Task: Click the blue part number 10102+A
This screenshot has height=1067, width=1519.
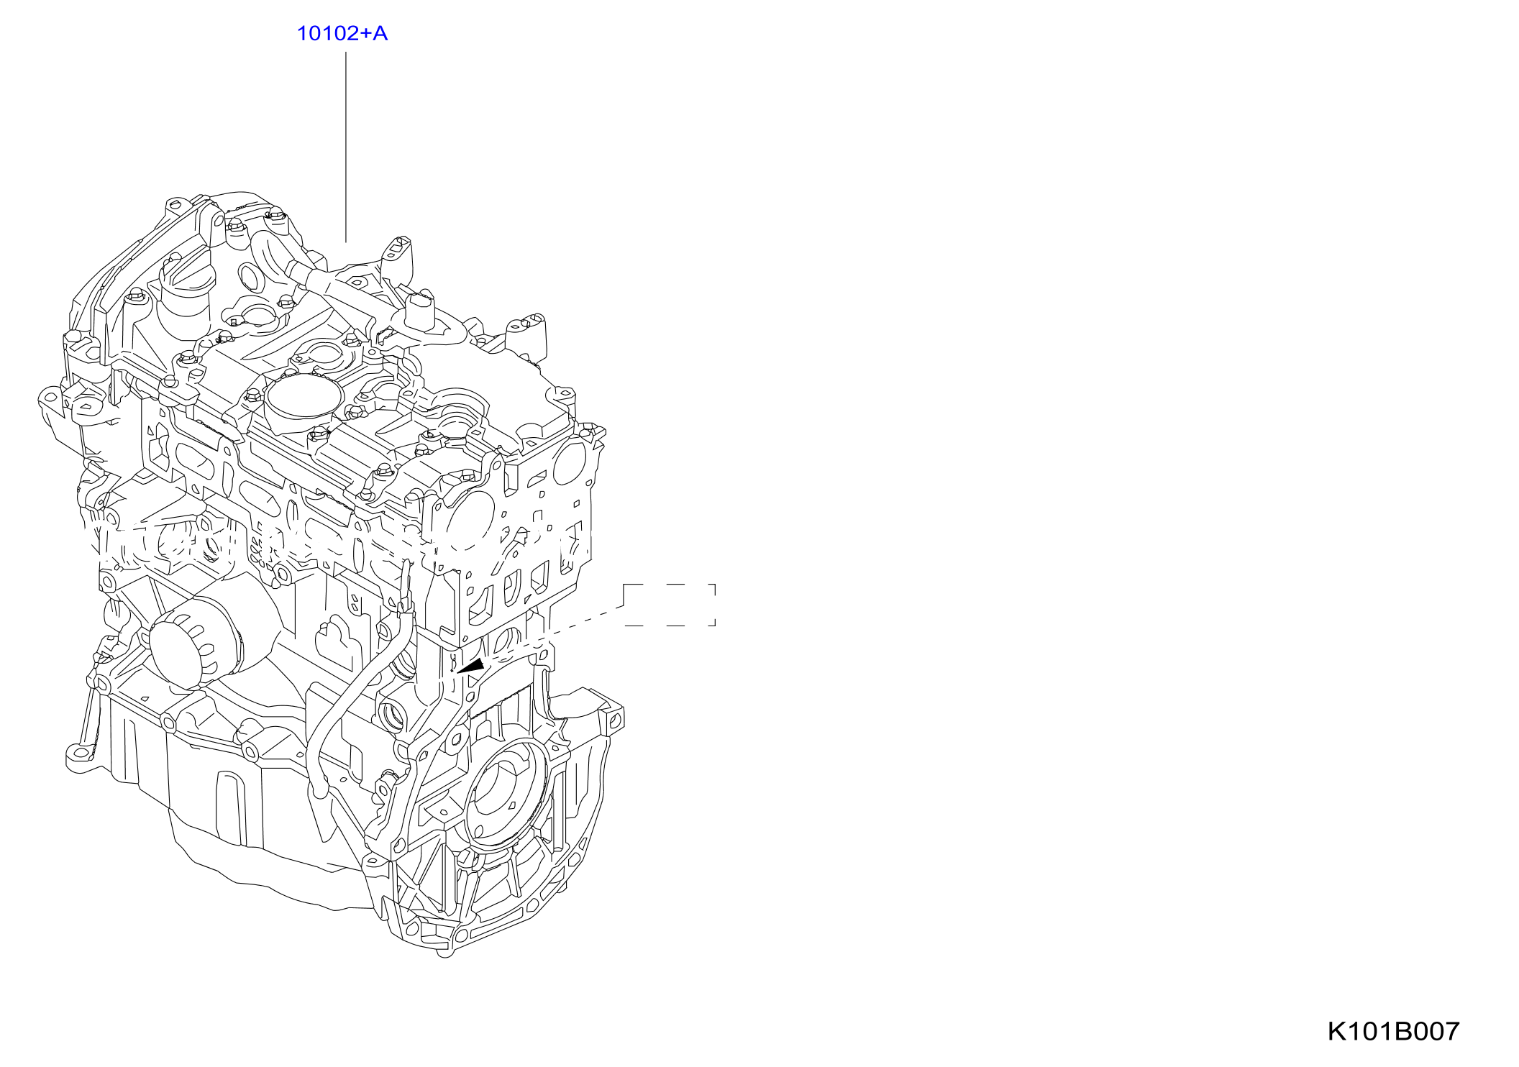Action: pos(342,33)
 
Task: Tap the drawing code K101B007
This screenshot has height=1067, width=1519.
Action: pos(1393,1031)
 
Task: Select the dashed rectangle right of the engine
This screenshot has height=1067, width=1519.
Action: pos(670,605)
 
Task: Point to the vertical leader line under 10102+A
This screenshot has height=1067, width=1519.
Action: pos(346,147)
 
